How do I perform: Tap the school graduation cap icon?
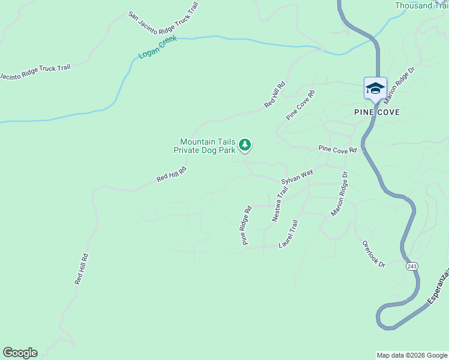click(375, 88)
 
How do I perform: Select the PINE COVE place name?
click(377, 112)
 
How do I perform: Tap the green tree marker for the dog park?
click(244, 145)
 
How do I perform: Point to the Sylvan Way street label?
click(297, 177)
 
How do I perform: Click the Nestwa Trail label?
click(280, 205)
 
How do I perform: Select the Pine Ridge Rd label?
click(246, 226)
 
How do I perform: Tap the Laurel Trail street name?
click(289, 234)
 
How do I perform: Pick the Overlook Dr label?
click(373, 254)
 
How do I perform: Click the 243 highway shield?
click(411, 266)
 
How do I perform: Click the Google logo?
click(20, 353)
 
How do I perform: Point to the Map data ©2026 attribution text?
click(412, 355)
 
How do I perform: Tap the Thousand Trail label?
click(421, 5)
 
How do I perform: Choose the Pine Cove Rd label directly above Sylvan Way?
click(337, 149)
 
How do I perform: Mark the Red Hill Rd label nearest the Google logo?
click(82, 269)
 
